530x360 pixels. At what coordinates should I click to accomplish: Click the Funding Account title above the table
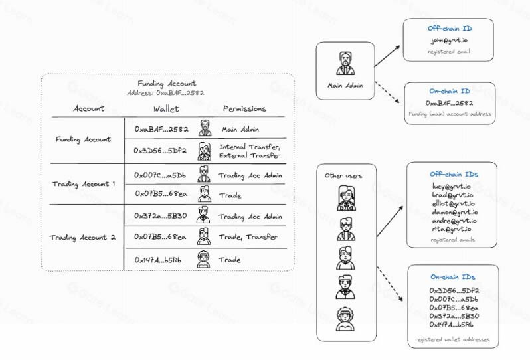pyautogui.click(x=167, y=84)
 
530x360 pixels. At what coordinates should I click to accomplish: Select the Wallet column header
pyautogui.click(x=165, y=108)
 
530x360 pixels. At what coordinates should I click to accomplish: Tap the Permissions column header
pyautogui.click(x=244, y=108)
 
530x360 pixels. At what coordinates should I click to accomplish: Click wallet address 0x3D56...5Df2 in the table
pyautogui.click(x=160, y=151)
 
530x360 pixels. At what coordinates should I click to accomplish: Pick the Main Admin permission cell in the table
pyautogui.click(x=240, y=130)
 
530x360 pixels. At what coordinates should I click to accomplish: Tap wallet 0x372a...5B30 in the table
pyautogui.click(x=160, y=216)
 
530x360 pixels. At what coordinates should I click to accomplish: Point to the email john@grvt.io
pyautogui.click(x=450, y=40)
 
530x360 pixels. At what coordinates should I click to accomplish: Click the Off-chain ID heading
pyautogui.click(x=450, y=29)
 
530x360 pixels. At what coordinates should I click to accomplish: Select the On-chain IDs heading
pyautogui.click(x=452, y=277)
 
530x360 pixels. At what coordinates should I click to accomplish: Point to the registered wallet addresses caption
pyautogui.click(x=452, y=339)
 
